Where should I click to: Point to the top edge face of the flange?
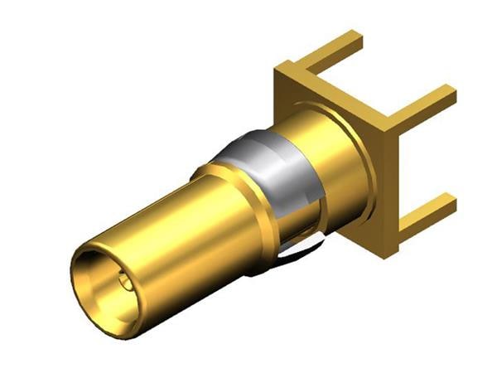point(331,70)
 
